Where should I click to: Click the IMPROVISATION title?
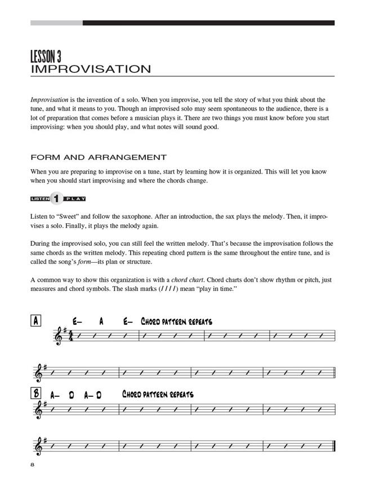coord(91,69)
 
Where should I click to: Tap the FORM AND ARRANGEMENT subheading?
coord(99,157)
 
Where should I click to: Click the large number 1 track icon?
coord(56,198)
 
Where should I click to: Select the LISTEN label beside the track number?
coord(40,199)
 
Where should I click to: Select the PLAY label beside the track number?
coord(74,199)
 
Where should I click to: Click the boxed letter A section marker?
coord(35,321)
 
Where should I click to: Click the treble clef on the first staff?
coord(58,336)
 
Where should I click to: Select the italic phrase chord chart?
coord(172,279)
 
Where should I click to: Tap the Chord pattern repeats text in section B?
coord(158,395)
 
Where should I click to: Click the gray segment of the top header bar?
coord(56,23)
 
